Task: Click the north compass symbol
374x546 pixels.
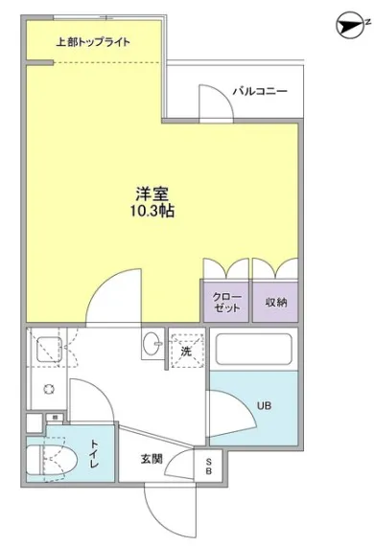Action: (x=352, y=25)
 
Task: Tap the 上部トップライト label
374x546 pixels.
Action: (x=93, y=42)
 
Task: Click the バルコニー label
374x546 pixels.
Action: (x=260, y=91)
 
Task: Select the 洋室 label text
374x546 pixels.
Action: (x=152, y=193)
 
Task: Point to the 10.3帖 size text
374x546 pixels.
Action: (x=152, y=211)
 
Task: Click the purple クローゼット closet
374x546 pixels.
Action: (x=226, y=303)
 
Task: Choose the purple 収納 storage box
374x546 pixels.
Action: (x=275, y=303)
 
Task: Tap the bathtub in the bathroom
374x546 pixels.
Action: (x=253, y=350)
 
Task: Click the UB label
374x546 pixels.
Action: (x=264, y=406)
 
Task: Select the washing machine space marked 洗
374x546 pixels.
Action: (x=186, y=351)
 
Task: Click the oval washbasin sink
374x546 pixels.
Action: (x=152, y=344)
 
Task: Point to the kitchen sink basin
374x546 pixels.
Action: (x=49, y=350)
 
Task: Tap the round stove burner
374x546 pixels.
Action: (x=49, y=389)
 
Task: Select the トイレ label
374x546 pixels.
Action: (x=94, y=454)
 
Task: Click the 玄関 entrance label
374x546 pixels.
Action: (x=152, y=459)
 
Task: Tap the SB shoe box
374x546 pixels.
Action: (x=209, y=466)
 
